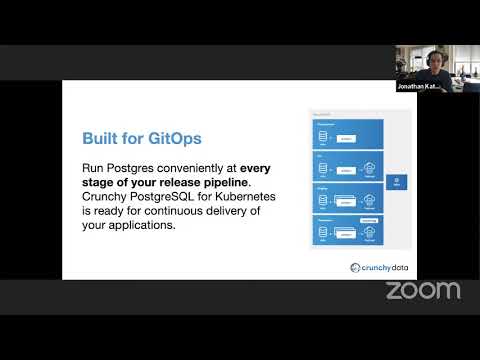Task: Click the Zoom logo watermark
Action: (x=423, y=291)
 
